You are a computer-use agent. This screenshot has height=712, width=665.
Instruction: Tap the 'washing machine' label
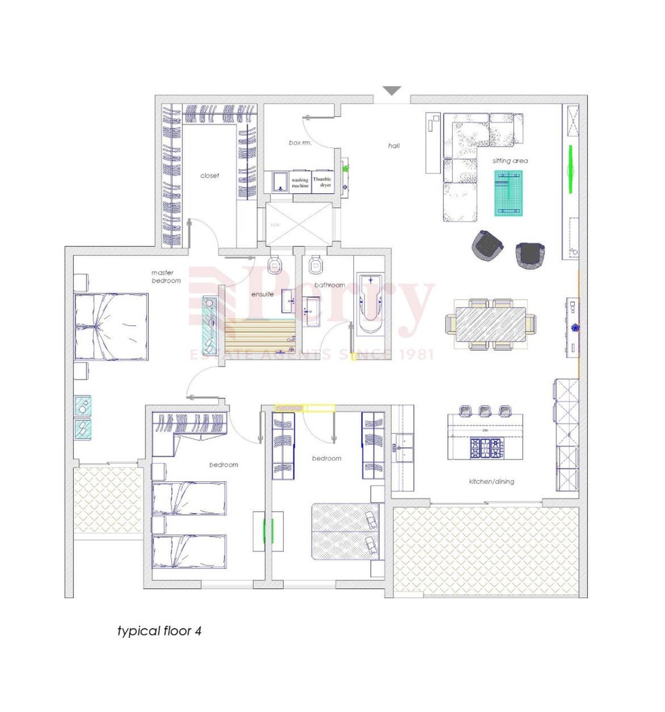[300, 183]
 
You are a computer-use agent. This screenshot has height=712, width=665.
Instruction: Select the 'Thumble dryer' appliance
[322, 182]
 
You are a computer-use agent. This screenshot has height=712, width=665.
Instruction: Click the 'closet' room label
[209, 176]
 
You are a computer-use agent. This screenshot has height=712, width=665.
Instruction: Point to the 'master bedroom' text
[166, 276]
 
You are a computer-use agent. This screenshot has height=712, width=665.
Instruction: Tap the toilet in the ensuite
[275, 264]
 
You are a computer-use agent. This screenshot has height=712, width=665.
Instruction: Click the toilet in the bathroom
[317, 264]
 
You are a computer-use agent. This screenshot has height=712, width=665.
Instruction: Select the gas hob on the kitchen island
[484, 447]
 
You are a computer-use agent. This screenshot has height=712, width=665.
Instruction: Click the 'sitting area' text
[510, 161]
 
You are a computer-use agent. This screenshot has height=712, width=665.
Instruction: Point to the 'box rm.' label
[300, 143]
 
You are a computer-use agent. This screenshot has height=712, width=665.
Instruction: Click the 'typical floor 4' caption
[159, 632]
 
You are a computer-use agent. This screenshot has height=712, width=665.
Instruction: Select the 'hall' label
[394, 146]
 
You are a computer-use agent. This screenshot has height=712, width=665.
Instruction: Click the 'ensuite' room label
[262, 294]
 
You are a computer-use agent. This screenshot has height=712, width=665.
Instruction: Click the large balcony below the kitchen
[486, 550]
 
